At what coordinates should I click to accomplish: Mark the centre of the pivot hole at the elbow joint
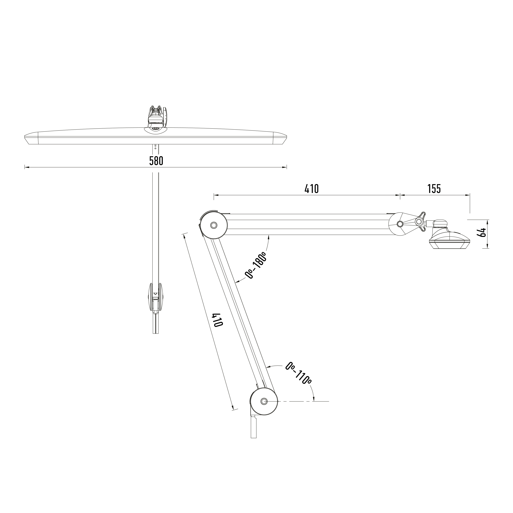(x=213, y=225)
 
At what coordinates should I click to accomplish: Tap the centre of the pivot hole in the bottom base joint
(x=264, y=409)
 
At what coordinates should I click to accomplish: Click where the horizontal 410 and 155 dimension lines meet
(x=400, y=195)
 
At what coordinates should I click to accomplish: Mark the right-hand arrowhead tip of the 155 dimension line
(x=470, y=195)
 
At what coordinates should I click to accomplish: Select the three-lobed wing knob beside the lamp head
(x=420, y=221)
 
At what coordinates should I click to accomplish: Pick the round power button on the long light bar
(x=155, y=129)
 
